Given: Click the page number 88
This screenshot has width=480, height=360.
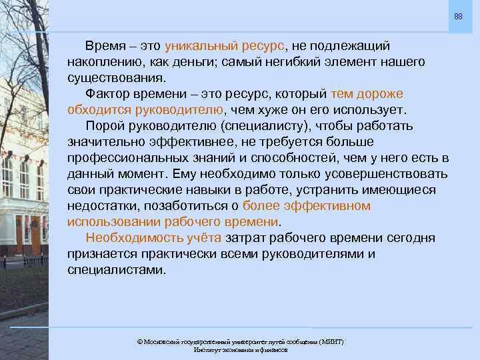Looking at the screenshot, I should click(458, 16).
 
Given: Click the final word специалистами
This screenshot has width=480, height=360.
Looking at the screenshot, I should click(115, 270).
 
